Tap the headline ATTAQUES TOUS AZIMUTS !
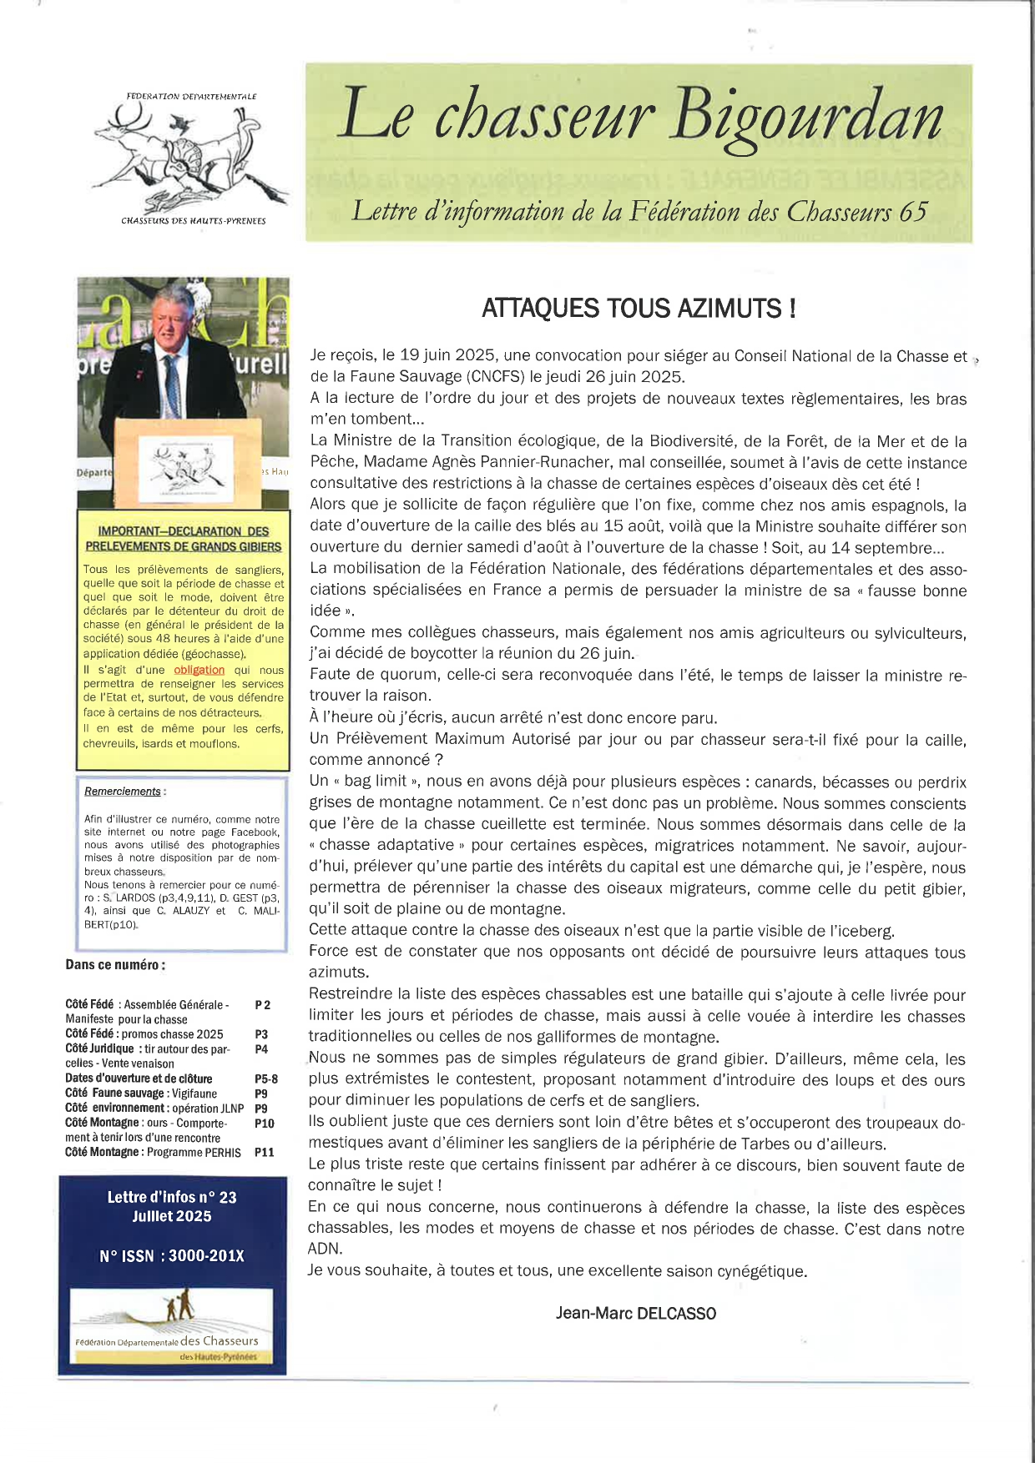639,309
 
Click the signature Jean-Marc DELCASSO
636,1314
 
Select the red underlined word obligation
199,670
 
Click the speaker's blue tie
173,384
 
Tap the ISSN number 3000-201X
206,1256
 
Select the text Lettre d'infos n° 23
172,1197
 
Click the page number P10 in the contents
264,1124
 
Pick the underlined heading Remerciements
123,792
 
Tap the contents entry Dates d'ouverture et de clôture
139,1078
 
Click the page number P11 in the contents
264,1152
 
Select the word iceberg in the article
865,931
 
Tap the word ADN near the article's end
325,1249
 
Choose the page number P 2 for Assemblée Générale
262,1005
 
